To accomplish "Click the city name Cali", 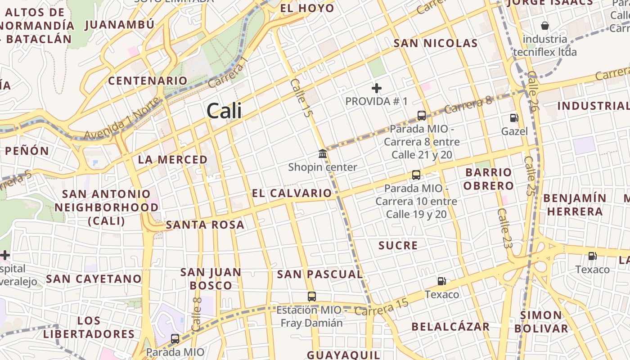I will [x=224, y=111].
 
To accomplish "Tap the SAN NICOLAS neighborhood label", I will [x=435, y=43].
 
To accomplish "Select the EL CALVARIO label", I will [x=292, y=193].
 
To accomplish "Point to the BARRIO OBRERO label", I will [x=488, y=179].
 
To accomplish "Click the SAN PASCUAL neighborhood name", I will [x=319, y=274].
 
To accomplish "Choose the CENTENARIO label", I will [x=148, y=81].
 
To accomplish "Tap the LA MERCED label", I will [x=173, y=160].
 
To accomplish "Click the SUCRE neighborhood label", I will [x=398, y=245].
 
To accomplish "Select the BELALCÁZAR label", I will [x=450, y=327].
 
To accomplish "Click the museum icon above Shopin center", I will [x=323, y=154].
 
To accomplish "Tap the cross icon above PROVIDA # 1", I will [x=377, y=88].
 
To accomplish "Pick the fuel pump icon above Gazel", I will [x=514, y=118].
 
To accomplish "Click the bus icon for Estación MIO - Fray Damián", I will [x=311, y=296].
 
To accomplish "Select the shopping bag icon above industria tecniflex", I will [x=545, y=25].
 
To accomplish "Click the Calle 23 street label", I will [x=505, y=229].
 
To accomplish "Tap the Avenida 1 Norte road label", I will [x=121, y=119].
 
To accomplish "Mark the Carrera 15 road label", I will [x=381, y=307].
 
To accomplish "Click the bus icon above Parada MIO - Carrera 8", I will [x=422, y=115].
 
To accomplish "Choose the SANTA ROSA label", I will [x=205, y=225].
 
